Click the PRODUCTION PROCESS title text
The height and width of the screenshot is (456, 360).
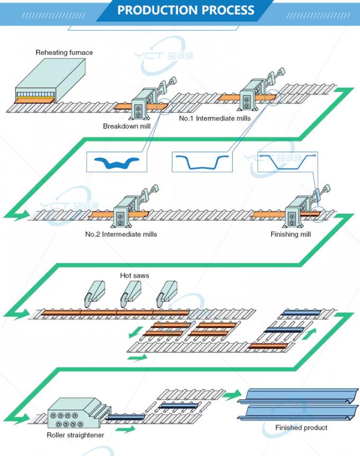(x=185, y=10)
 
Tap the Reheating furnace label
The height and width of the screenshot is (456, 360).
(x=64, y=52)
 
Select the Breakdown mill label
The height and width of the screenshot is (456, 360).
(x=127, y=126)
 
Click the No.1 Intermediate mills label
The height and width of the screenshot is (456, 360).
(x=214, y=118)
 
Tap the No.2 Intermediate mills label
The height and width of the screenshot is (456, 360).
(x=121, y=234)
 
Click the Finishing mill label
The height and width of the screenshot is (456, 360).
(x=291, y=234)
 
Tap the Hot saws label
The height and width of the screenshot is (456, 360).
(x=134, y=275)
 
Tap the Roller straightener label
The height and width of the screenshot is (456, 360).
(x=75, y=435)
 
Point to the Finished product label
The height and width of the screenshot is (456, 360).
(x=301, y=427)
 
